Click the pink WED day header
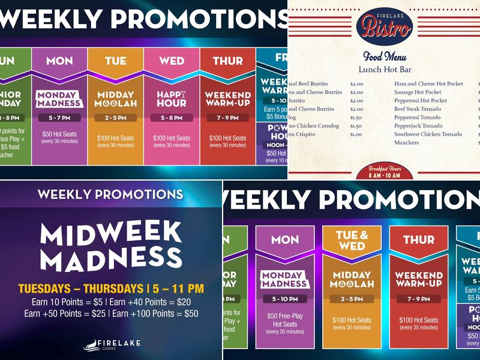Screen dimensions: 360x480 (x=172, y=61)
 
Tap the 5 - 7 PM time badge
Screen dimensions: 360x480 (x=59, y=118)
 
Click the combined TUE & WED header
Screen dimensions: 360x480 (x=352, y=241)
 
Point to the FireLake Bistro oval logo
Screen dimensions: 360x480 (x=384, y=26)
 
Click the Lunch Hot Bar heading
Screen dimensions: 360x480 (x=384, y=70)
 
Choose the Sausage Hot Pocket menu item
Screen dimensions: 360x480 (x=418, y=92)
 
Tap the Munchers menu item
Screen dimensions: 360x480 (x=407, y=143)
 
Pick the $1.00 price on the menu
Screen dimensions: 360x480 (x=356, y=134)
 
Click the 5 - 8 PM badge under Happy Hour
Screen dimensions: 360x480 (x=172, y=118)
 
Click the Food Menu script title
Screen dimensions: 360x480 (x=384, y=57)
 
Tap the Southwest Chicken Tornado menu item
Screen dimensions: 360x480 (x=428, y=134)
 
